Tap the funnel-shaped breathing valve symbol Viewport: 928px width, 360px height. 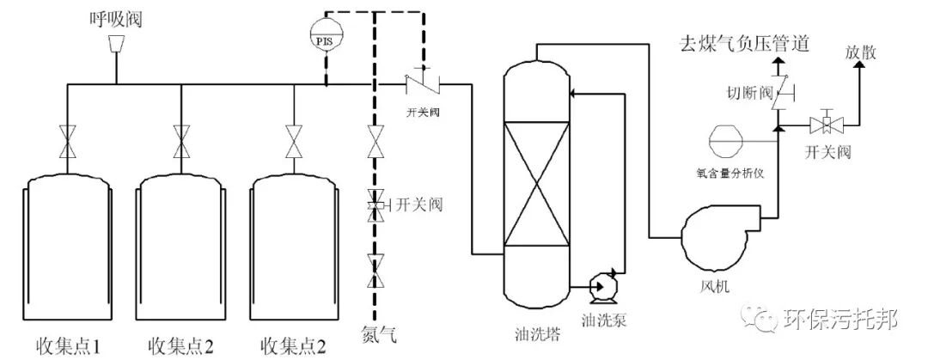pos(116,43)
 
